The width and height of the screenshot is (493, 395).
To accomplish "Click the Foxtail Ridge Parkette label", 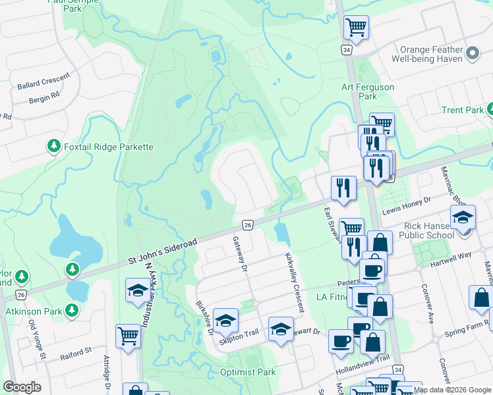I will [x=109, y=147].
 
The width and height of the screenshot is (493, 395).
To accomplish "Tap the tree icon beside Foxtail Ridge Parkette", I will [x=54, y=146].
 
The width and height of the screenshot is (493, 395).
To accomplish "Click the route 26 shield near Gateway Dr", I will [x=248, y=225].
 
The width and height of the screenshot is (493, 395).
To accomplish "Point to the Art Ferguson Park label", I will [x=368, y=92].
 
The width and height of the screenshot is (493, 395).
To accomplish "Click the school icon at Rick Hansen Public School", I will [x=463, y=217].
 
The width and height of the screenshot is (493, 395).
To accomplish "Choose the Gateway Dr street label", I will [x=239, y=255].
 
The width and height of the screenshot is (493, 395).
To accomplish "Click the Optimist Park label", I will [x=248, y=372].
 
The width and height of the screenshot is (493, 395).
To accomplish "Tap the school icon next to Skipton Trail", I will [x=225, y=321].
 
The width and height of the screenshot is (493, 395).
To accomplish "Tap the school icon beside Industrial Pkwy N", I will [x=138, y=290].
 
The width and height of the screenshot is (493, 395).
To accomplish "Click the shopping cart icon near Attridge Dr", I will [x=128, y=336].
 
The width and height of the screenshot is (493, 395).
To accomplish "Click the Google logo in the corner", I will [x=22, y=387].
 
